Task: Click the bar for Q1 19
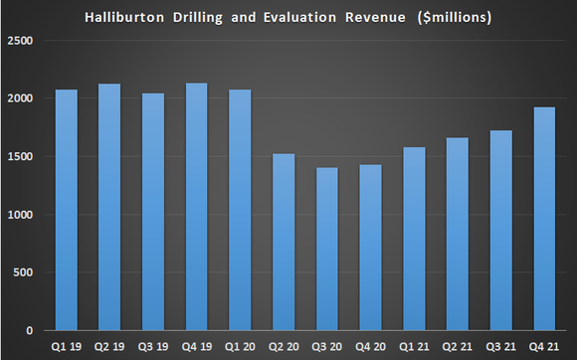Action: pos(66,210)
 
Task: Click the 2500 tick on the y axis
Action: pos(20,41)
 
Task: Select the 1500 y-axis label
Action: pos(20,157)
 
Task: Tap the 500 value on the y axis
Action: pos(24,272)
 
